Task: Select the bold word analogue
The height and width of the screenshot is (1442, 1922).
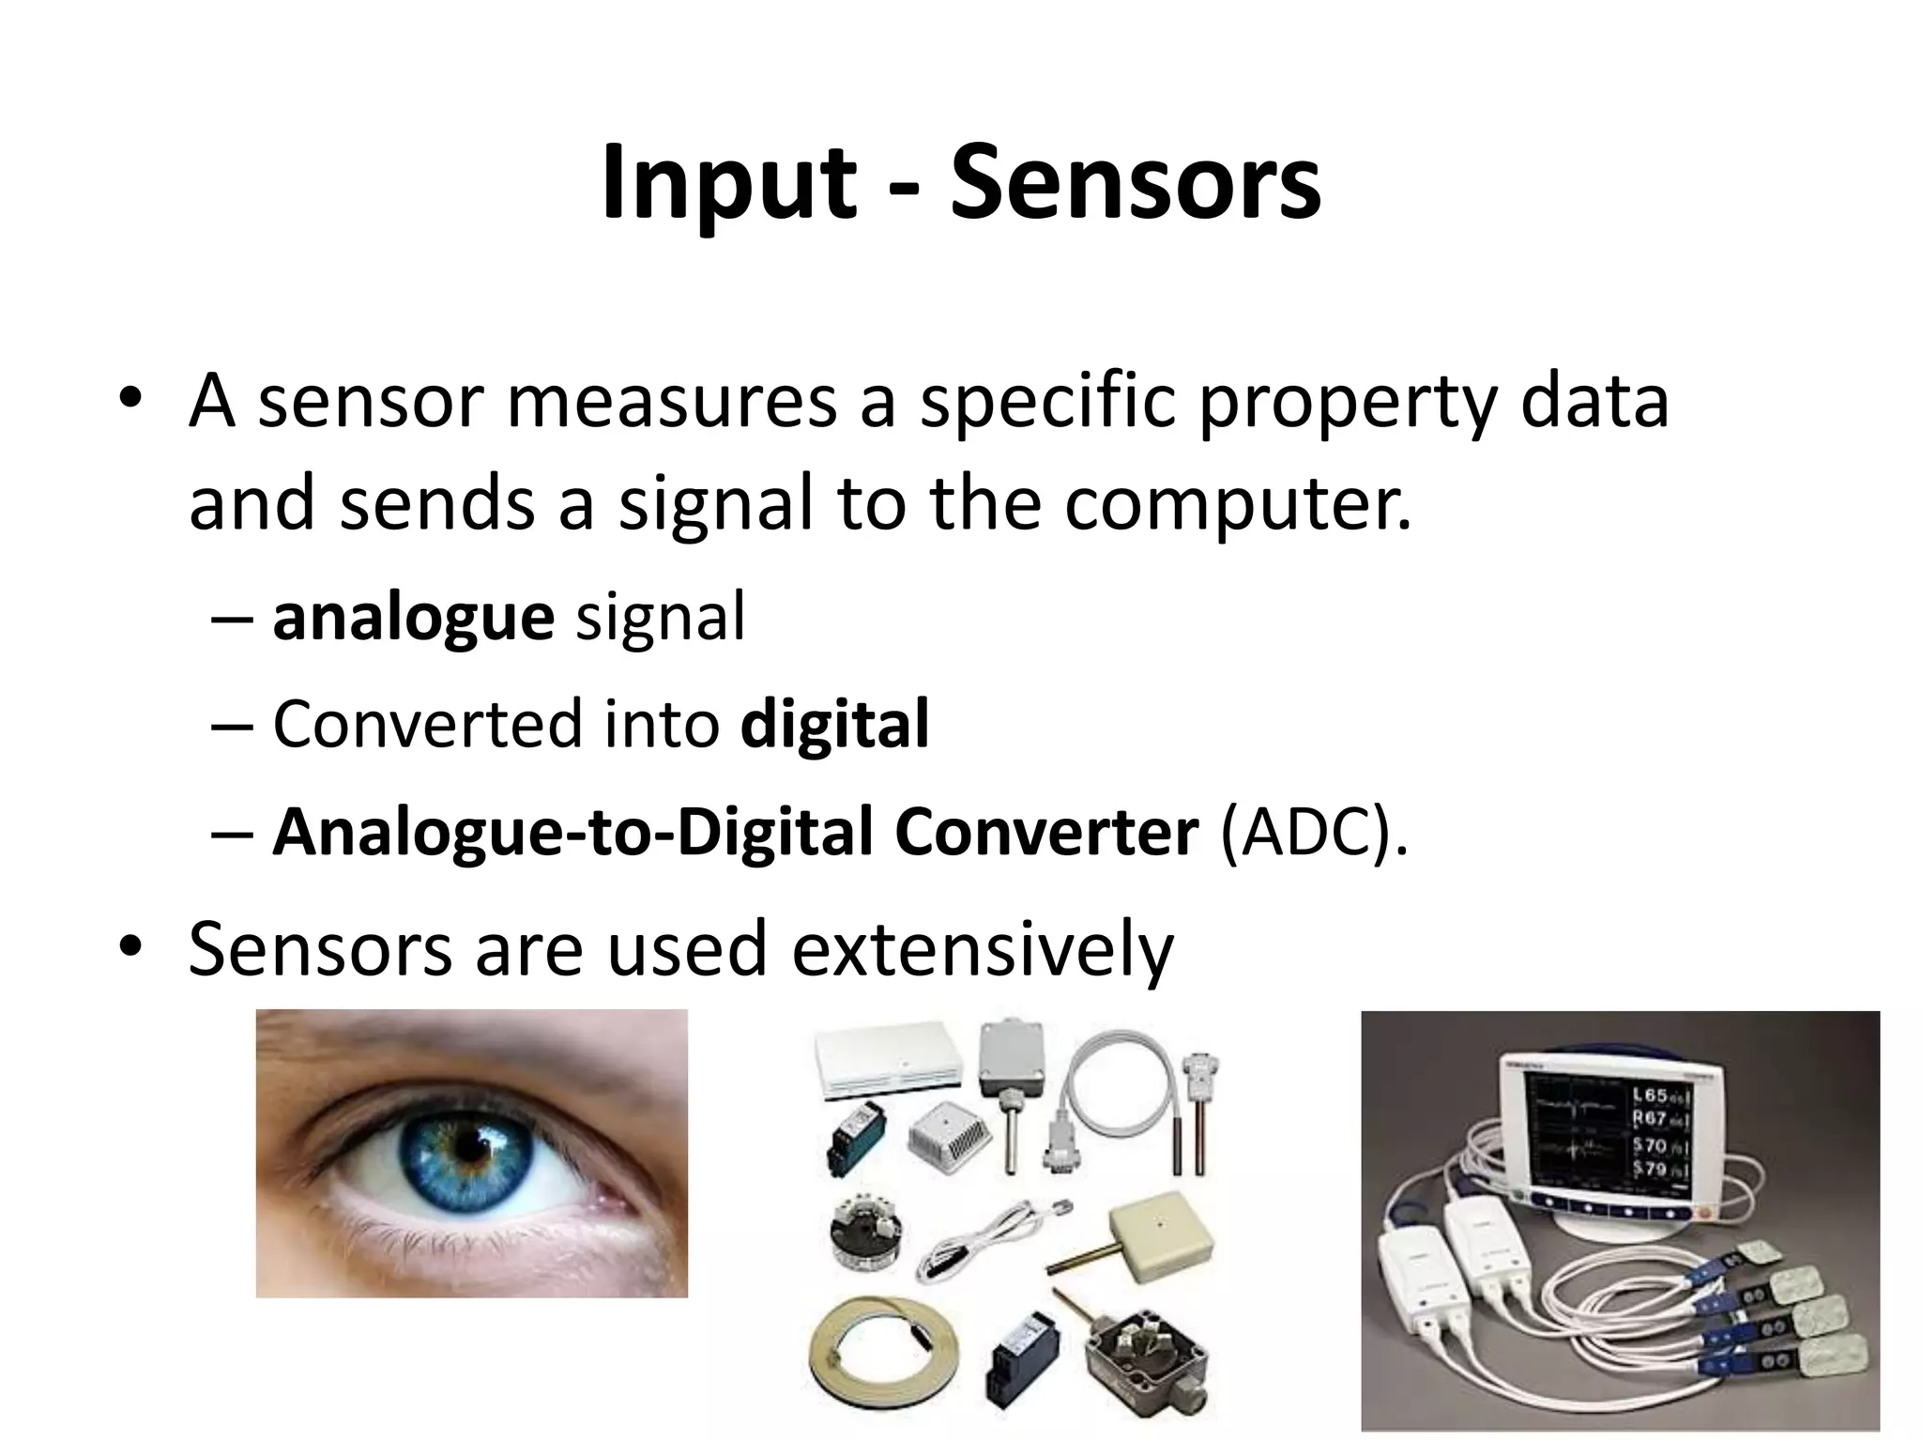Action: point(413,618)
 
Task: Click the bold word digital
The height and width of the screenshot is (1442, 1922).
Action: point(834,724)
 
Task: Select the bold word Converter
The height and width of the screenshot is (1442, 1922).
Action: point(1045,831)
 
